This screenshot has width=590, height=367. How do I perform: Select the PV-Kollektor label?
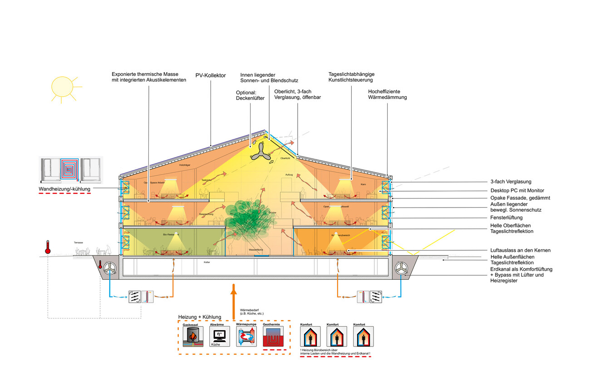click(211, 75)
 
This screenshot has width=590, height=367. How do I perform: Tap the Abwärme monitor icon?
click(218, 336)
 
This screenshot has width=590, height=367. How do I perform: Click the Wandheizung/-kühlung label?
click(64, 188)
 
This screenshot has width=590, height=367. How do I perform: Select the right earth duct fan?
click(401, 269)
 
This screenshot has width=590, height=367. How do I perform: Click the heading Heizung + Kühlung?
click(200, 317)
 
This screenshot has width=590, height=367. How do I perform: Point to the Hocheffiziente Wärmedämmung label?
click(387, 94)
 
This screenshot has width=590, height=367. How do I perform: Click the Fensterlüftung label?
click(506, 218)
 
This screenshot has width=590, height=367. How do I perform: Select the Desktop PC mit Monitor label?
click(517, 190)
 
